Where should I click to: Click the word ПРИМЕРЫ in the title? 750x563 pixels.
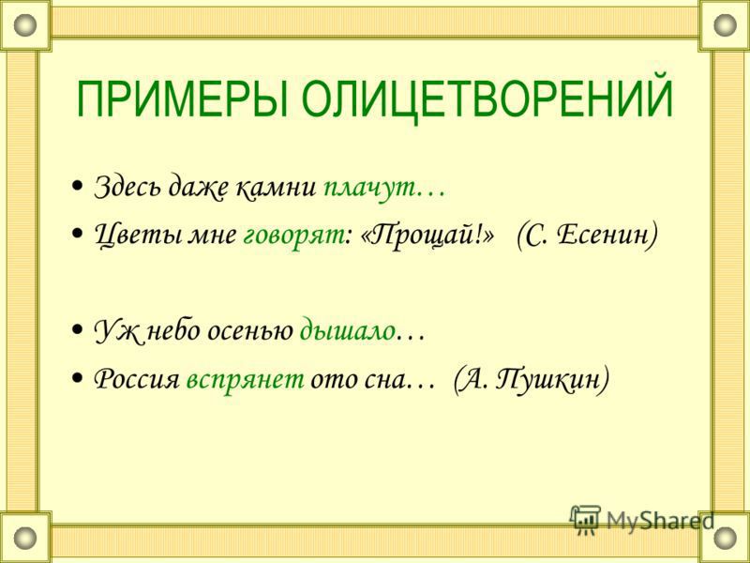coord(182,100)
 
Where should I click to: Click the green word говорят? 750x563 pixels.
coord(293,236)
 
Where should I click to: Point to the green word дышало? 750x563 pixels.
coord(347,331)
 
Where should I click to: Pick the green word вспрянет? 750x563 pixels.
coord(245,382)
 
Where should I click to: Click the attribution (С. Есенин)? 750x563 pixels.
coord(587,235)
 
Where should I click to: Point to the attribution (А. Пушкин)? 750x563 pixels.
coord(531,380)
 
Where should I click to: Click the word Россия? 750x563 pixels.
coord(136,380)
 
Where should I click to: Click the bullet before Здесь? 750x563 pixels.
coord(76,186)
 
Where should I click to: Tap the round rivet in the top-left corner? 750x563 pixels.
coord(25,24)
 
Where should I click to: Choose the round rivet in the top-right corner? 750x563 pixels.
coord(725,24)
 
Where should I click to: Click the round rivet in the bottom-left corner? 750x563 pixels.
coord(25,537)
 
